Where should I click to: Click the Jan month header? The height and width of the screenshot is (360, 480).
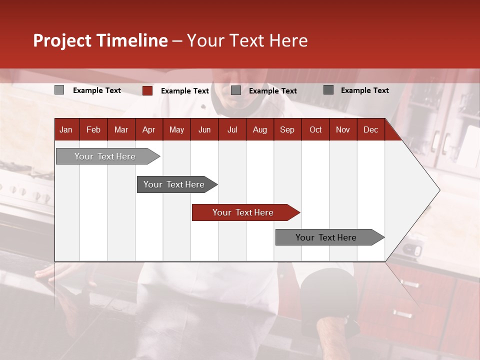pos(66,130)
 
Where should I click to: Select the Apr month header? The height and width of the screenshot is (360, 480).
pos(148,130)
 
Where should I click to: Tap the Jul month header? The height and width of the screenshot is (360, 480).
pos(232,130)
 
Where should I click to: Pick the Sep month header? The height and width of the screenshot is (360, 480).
pos(287,130)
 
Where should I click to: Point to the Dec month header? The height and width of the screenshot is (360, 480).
pos(370,130)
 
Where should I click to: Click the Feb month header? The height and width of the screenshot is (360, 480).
pos(93,130)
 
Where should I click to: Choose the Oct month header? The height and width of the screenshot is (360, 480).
pos(315,130)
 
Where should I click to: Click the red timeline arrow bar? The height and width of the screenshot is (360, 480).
pos(245,212)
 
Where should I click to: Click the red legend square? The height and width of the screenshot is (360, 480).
pos(147,90)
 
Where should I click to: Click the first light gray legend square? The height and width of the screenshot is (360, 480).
pos(59,90)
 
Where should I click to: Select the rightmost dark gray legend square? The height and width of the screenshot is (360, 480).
pos(328,90)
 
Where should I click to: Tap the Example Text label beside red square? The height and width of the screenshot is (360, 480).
pos(184,91)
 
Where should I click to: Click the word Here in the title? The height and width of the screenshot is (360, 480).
pos(288,41)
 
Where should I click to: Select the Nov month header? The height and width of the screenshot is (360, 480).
pos(343,130)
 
